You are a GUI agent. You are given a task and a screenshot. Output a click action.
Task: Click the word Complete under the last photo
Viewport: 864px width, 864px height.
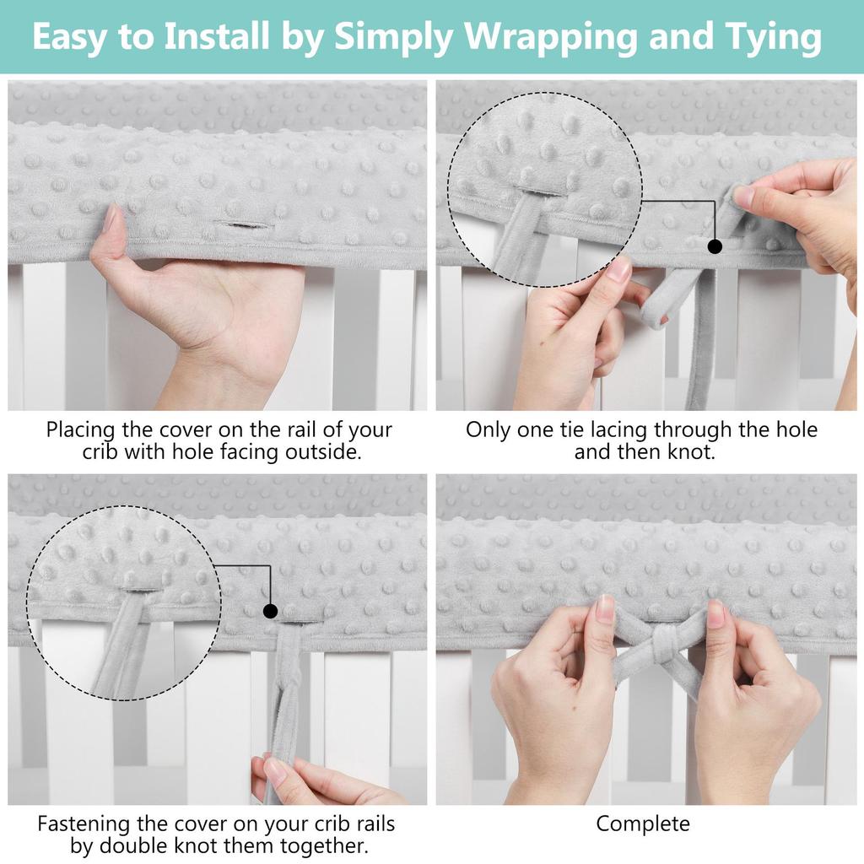643,823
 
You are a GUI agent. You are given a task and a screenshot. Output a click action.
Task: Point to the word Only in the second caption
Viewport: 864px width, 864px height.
489,429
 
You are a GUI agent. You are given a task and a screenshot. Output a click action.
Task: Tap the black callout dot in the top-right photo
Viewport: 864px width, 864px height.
715,246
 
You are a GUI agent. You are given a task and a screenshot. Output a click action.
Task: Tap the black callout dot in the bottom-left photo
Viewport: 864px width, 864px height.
270,610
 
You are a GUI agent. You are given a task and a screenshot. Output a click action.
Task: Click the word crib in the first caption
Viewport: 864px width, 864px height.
100,451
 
